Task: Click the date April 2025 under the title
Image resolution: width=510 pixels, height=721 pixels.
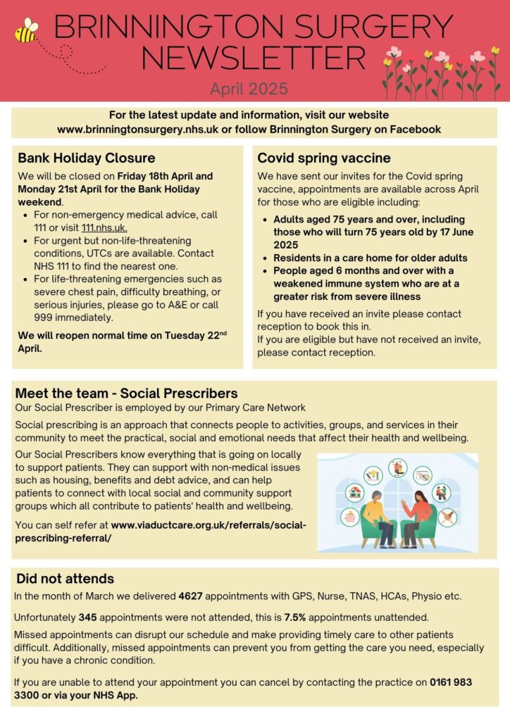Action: (249, 89)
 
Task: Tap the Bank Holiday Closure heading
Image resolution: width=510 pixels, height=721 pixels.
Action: (87, 158)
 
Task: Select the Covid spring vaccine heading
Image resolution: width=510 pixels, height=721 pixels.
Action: (324, 158)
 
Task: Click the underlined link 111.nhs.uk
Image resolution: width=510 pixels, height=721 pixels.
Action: (104, 227)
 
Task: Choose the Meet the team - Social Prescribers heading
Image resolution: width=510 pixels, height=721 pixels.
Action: (126, 394)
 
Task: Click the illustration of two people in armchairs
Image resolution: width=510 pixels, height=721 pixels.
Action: (397, 501)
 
